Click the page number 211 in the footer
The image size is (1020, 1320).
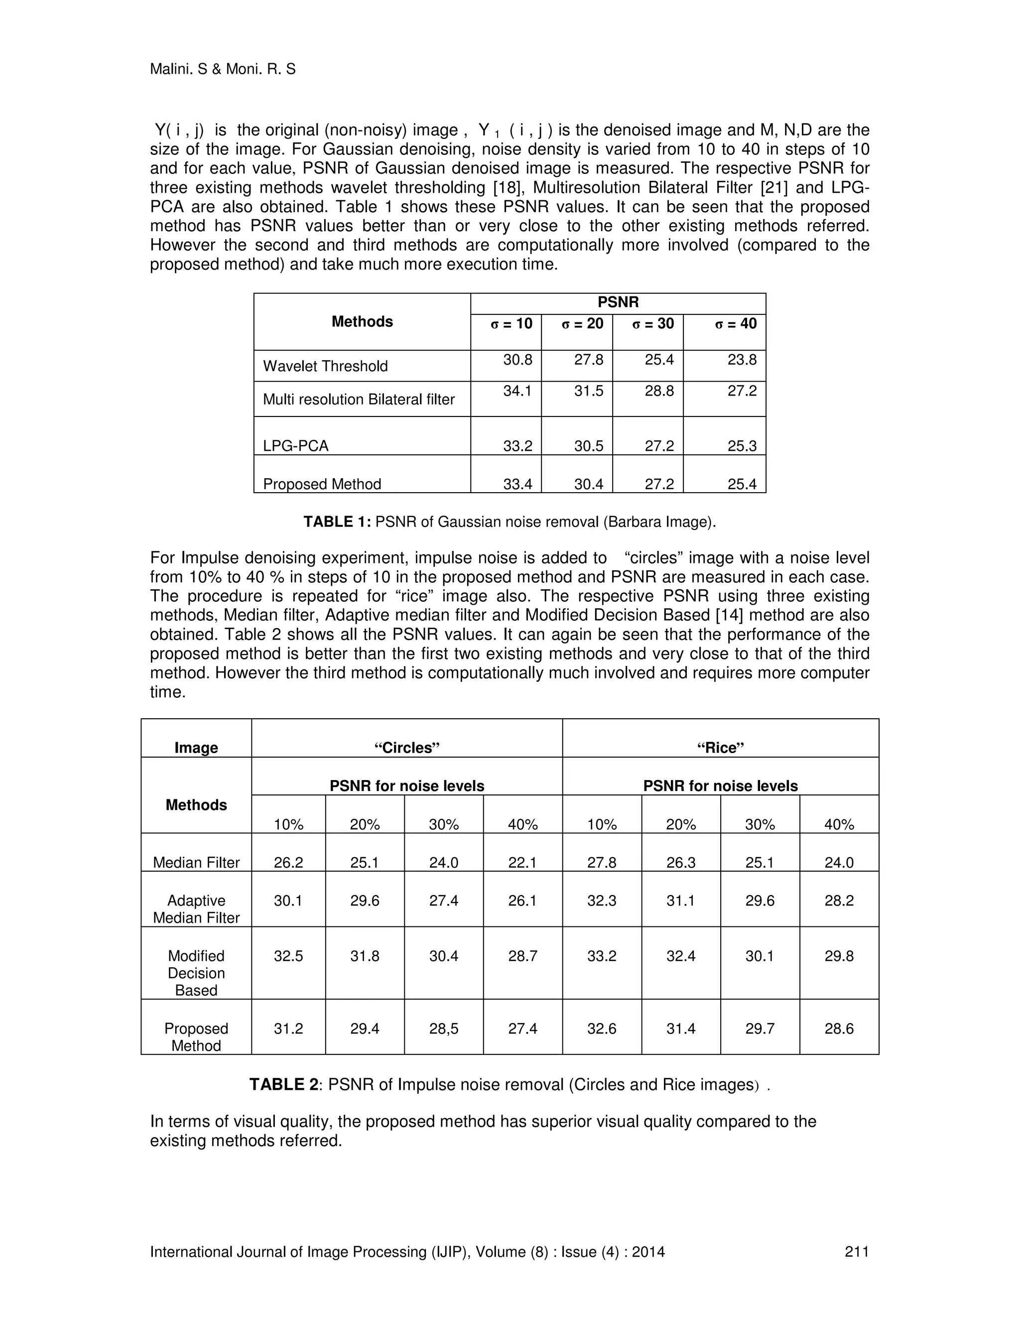click(x=856, y=1252)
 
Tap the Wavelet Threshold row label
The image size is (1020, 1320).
click(x=325, y=366)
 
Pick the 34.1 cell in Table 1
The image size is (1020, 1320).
click(x=517, y=391)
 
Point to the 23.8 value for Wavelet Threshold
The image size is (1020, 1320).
click(x=742, y=360)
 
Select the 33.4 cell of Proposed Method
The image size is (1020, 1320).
click(x=517, y=484)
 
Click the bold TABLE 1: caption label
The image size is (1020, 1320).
click(x=337, y=522)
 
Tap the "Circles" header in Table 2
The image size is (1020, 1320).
click(x=407, y=748)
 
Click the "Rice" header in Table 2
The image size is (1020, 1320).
click(x=720, y=748)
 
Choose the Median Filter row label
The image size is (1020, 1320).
click(x=196, y=862)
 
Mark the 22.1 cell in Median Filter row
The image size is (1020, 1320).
click(x=522, y=862)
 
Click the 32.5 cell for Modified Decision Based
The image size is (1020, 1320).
click(x=288, y=956)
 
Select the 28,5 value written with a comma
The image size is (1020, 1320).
click(x=444, y=1029)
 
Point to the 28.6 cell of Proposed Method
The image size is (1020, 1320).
click(x=839, y=1029)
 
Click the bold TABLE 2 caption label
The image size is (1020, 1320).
click(x=283, y=1085)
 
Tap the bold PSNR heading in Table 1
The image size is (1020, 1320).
click(x=618, y=302)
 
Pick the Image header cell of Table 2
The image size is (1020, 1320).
click(x=196, y=748)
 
